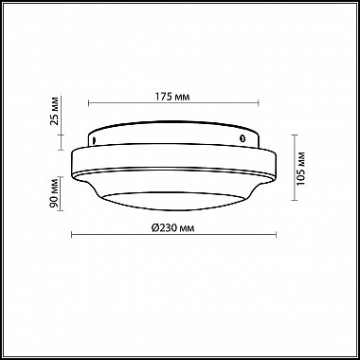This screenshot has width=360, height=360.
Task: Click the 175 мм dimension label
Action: (172, 97)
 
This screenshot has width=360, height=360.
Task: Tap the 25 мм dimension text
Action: (54, 111)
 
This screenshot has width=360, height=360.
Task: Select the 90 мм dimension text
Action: (54, 193)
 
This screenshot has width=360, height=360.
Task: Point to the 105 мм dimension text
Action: (301, 169)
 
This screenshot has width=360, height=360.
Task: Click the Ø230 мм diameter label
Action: (172, 228)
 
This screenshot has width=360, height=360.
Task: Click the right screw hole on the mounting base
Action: (243, 138)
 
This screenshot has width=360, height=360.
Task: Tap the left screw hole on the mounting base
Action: (94, 139)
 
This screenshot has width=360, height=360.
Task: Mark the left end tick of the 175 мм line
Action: (89, 102)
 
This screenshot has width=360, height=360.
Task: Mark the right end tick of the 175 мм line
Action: (259, 102)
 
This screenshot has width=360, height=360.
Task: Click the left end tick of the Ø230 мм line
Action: (72, 234)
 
